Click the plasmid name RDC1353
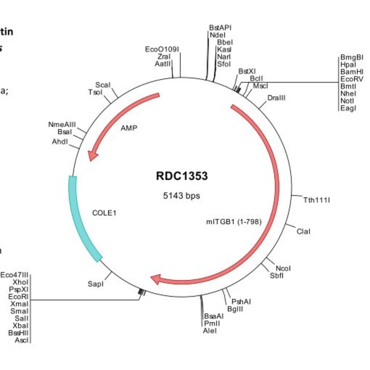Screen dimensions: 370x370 pyautogui.click(x=182, y=176)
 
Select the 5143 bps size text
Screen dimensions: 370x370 pyautogui.click(x=182, y=195)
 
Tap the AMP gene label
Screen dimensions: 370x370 pyautogui.click(x=129, y=128)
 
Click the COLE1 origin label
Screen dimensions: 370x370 pyautogui.click(x=104, y=213)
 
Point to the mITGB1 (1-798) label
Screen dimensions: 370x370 pyautogui.click(x=233, y=221)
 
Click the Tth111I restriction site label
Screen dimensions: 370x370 pyautogui.click(x=316, y=200)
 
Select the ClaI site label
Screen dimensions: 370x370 pyautogui.click(x=303, y=231)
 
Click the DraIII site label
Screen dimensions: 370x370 pyautogui.click(x=276, y=98)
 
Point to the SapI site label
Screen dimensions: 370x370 pyautogui.click(x=96, y=283)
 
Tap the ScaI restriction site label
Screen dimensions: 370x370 pyautogui.click(x=103, y=85)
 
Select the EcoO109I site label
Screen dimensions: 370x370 pyautogui.click(x=162, y=50)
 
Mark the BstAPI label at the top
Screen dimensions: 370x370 pyautogui.click(x=220, y=27)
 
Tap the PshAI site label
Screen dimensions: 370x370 pyautogui.click(x=240, y=301)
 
